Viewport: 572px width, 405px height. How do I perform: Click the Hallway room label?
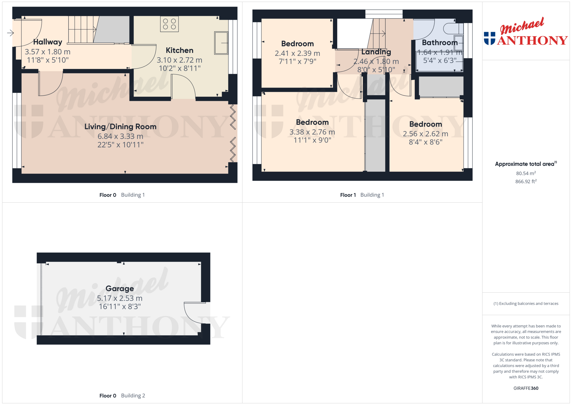[x=48, y=42]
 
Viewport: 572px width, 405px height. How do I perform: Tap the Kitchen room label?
[x=180, y=50]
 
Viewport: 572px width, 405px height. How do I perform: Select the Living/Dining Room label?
[x=120, y=127]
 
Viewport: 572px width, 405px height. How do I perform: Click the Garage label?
[x=120, y=289]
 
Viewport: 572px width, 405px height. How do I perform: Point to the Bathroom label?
[x=440, y=43]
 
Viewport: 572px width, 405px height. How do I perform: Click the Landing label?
[x=376, y=52]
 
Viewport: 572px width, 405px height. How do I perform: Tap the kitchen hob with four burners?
[x=169, y=24]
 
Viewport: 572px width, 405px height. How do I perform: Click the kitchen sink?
[x=221, y=43]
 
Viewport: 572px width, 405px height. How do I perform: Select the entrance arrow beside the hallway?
[x=10, y=33]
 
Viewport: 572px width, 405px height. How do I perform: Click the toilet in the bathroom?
[x=453, y=29]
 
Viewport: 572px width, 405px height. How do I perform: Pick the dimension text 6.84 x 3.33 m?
[x=120, y=137]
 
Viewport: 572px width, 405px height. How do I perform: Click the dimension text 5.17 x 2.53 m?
[x=120, y=298]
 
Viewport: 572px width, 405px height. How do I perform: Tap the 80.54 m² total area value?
[x=526, y=173]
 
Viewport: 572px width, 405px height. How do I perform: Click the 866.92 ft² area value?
[x=526, y=181]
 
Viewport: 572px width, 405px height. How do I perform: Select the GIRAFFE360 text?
[x=526, y=388]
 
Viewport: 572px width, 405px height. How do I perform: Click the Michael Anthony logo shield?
[x=490, y=38]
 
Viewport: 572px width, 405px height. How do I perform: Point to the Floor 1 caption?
[x=348, y=195]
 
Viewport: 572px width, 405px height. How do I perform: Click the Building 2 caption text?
[x=133, y=396]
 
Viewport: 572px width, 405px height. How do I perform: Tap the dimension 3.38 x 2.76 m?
[x=312, y=132]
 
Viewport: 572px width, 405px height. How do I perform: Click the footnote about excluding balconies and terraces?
[x=526, y=304]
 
